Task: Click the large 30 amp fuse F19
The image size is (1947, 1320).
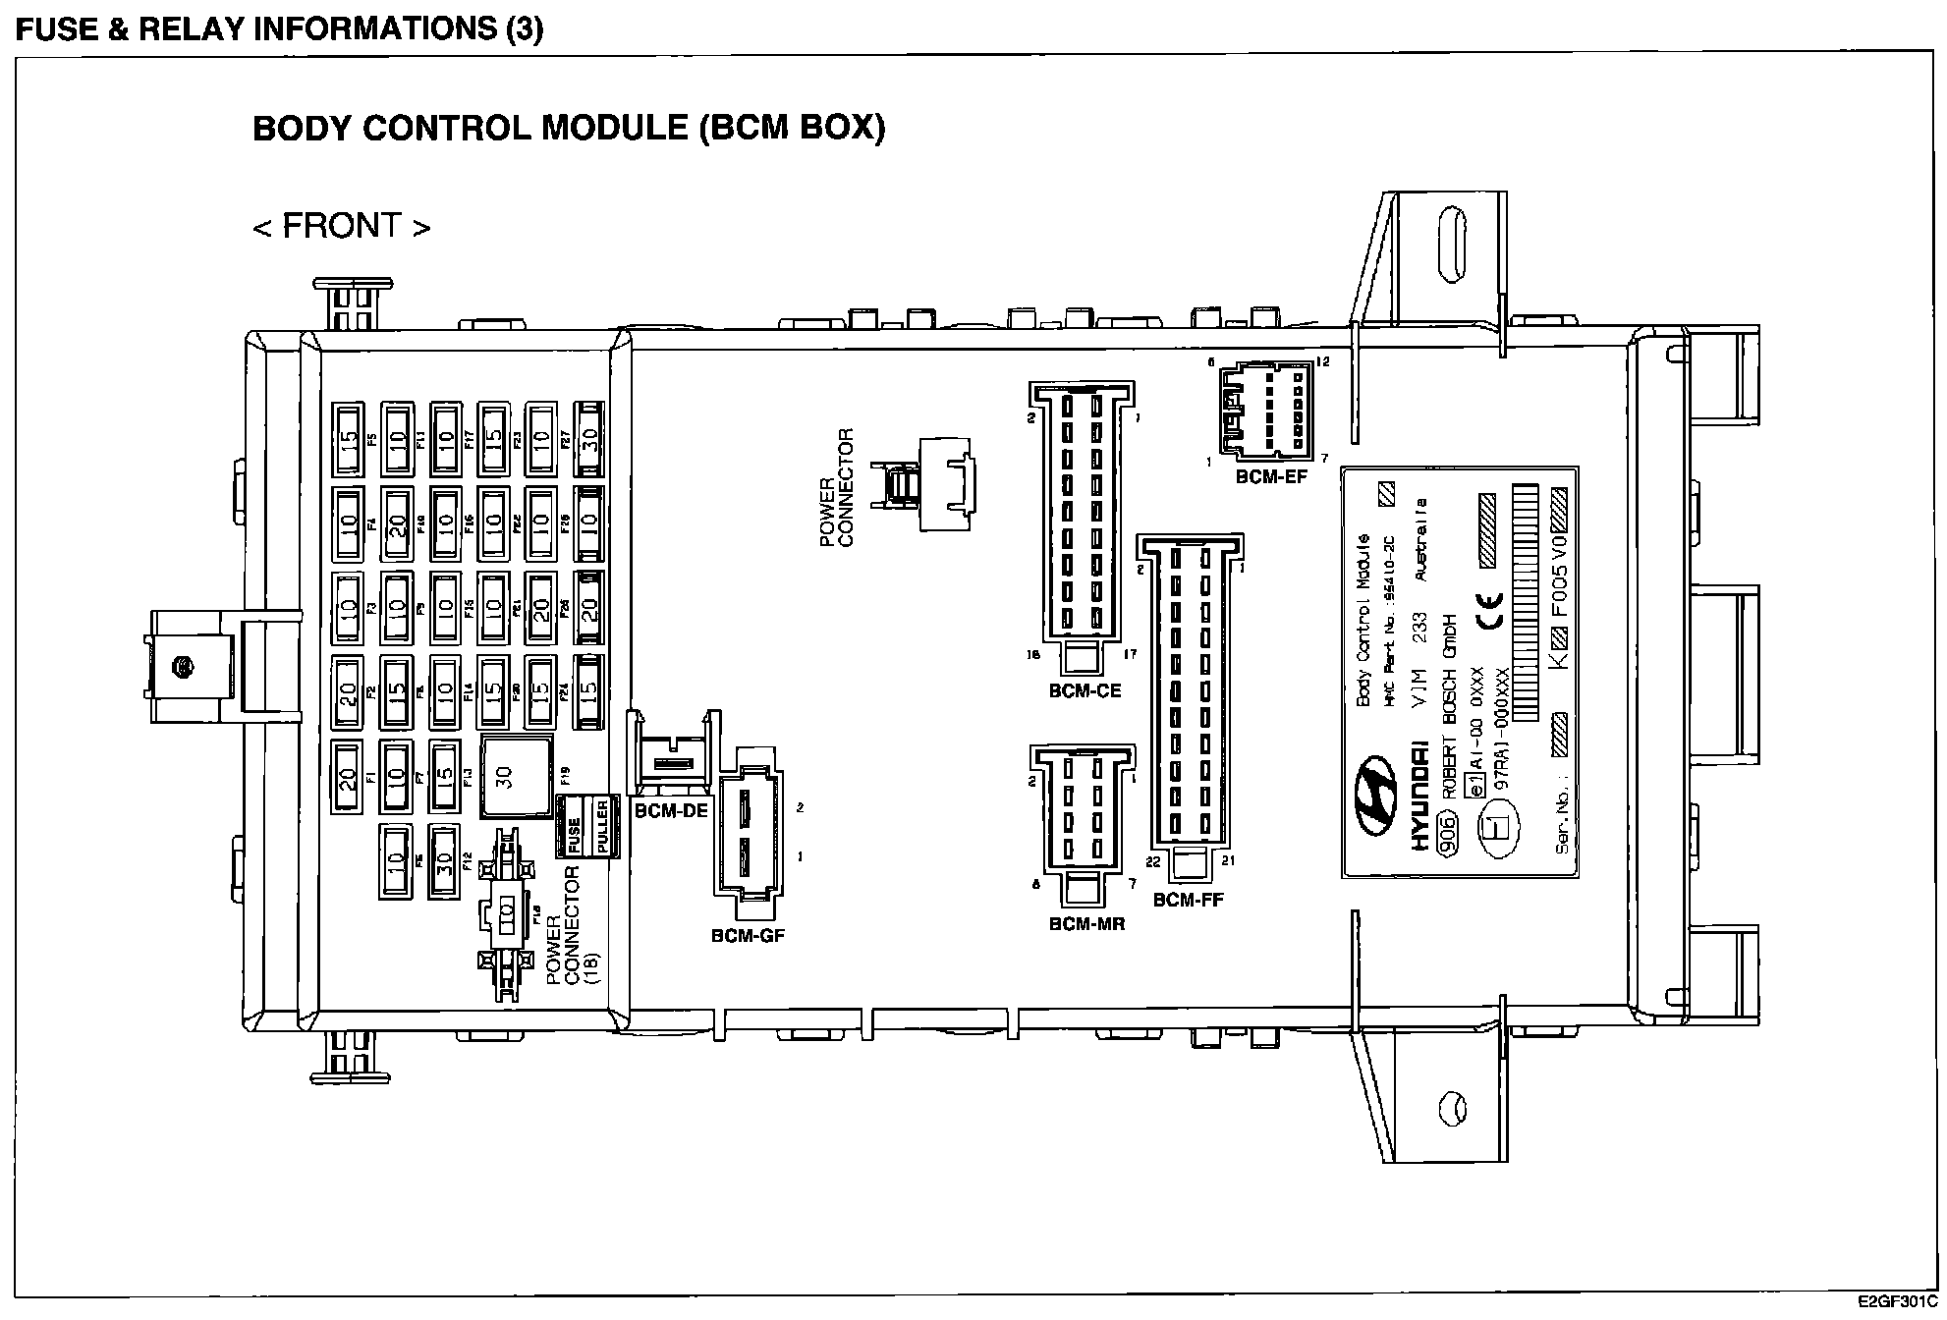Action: [x=516, y=776]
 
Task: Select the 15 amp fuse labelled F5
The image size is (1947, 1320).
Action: [x=348, y=439]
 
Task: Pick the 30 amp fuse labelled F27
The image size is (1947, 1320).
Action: [x=589, y=439]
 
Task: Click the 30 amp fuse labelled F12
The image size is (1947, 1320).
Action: [x=444, y=861]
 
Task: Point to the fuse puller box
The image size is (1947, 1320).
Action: [x=588, y=825]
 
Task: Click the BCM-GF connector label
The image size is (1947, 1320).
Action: [x=748, y=936]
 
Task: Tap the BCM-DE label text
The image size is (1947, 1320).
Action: [x=670, y=811]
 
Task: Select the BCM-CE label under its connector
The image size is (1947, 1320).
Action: [x=1085, y=690]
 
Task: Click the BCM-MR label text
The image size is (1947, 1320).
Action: [x=1086, y=923]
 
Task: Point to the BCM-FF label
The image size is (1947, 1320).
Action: [x=1188, y=899]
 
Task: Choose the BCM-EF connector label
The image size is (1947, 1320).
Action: [x=1271, y=477]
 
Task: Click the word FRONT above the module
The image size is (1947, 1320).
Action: [x=342, y=226]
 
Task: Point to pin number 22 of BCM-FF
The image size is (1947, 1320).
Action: [x=1153, y=861]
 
